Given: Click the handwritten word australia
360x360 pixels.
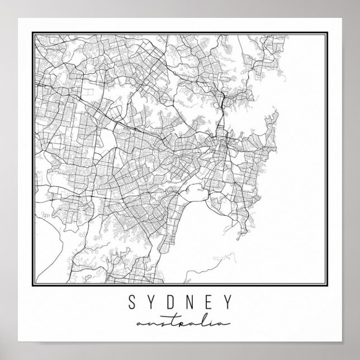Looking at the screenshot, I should coord(179,324).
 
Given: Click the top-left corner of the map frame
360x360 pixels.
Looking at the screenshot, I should coord(32,32).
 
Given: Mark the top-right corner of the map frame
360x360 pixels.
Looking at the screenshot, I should coord(328,32).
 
